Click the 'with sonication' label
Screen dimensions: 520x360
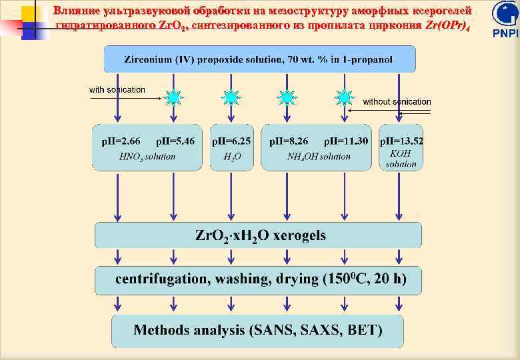coord(117,89)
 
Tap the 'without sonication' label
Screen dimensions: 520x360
coord(397,102)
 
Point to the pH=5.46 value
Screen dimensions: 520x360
coord(175,141)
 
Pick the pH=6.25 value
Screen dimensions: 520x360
coord(231,141)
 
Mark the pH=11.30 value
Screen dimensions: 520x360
coord(345,141)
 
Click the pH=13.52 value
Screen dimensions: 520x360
coord(401,141)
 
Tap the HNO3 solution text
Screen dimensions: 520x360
coord(147,157)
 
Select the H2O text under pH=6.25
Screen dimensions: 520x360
coord(231,157)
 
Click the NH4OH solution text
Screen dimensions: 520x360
coord(318,157)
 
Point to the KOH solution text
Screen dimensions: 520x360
coord(401,159)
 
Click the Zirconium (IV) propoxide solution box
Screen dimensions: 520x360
coord(259,59)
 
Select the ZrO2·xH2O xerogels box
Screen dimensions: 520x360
coord(259,235)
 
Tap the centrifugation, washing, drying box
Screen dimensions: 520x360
coord(259,279)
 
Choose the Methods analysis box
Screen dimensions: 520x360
coord(257,330)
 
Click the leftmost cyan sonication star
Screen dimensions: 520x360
coord(173,97)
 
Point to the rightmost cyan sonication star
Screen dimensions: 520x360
coord(344,97)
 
